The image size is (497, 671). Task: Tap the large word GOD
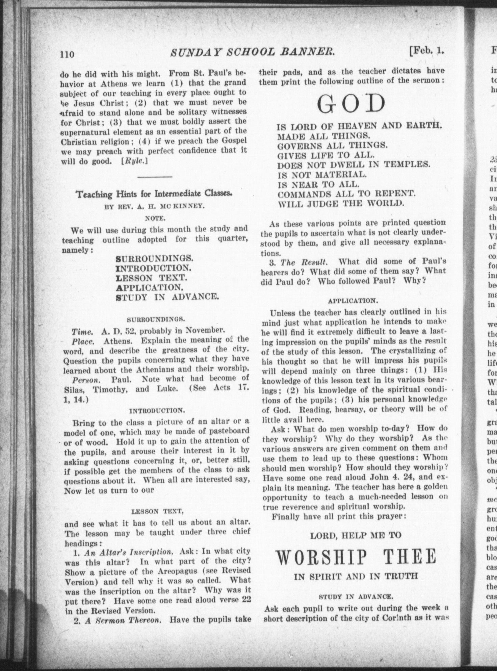click(351, 105)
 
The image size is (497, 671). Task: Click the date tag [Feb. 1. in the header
click(426, 51)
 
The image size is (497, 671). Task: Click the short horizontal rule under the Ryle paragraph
click(155, 177)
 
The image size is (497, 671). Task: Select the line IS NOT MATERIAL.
click(322, 175)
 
